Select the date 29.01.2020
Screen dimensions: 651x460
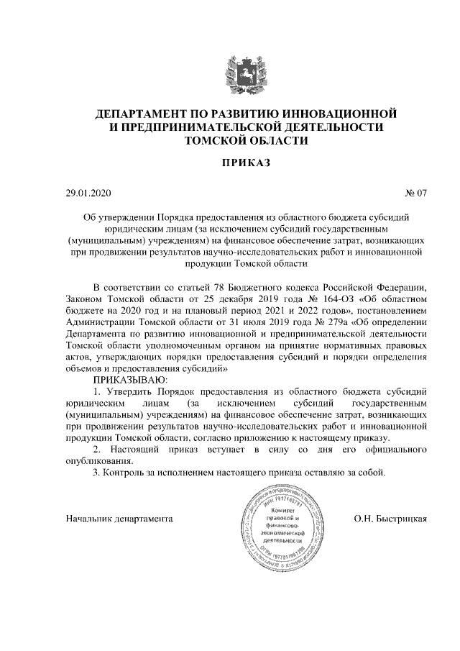(x=86, y=193)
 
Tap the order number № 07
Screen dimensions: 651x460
(x=416, y=193)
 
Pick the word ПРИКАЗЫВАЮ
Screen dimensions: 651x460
(x=130, y=379)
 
